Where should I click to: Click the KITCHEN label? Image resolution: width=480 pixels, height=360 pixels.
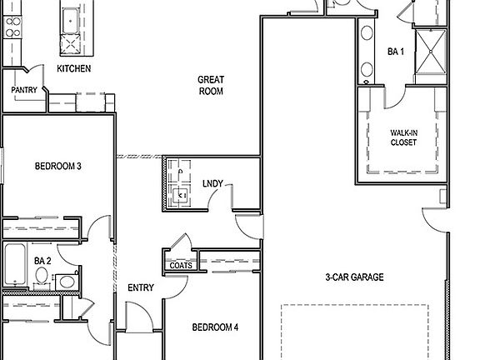(x=73, y=68)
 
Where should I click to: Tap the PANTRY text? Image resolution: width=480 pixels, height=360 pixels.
(x=22, y=89)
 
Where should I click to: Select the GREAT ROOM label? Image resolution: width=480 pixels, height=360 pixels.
(x=211, y=86)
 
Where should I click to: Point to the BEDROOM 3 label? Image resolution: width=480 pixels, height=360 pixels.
(x=57, y=166)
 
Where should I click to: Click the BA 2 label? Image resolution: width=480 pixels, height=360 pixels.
(x=42, y=261)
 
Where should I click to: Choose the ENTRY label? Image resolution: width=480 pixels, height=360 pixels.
(x=140, y=287)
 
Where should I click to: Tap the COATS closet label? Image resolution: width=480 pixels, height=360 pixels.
(x=181, y=266)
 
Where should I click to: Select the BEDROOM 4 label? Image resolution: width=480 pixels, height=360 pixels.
(x=215, y=327)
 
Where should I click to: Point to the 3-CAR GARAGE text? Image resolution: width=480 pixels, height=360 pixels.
(x=354, y=277)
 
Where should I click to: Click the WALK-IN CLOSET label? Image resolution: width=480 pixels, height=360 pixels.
(x=403, y=137)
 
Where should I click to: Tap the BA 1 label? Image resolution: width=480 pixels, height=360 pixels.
(x=396, y=51)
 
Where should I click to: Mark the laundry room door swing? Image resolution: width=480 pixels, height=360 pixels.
(x=222, y=197)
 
